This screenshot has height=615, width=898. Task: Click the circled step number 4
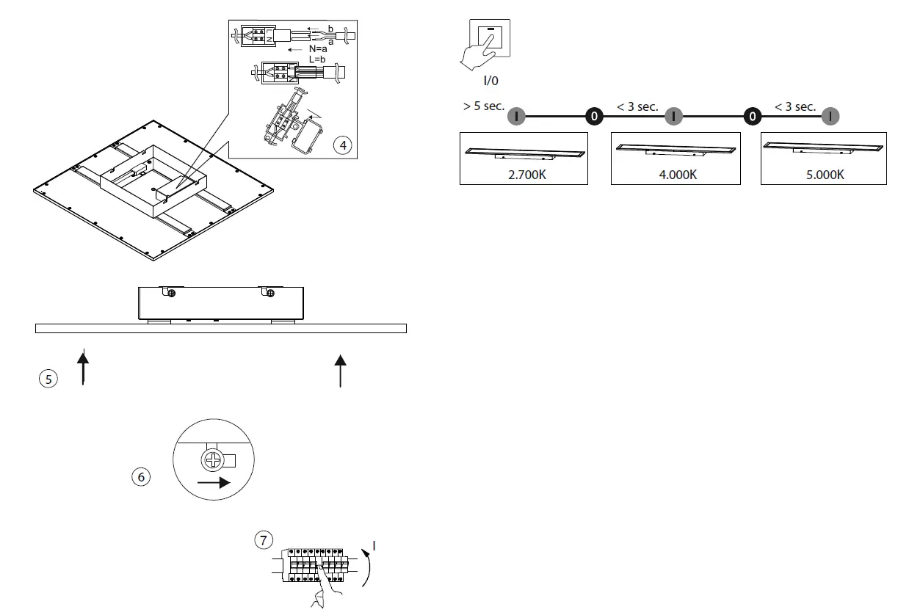(342, 145)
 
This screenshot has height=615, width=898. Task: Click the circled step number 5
(48, 379)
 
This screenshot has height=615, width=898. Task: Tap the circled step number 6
(140, 477)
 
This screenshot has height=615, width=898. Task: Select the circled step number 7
(264, 540)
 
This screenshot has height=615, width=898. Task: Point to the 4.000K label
(677, 175)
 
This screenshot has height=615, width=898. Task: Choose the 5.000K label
(825, 175)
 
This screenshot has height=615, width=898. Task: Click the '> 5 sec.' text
(484, 106)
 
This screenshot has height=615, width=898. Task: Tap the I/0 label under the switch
(490, 81)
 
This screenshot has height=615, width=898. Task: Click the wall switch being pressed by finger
(489, 37)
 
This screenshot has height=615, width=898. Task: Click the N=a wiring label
(318, 49)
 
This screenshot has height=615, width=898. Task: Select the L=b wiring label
(317, 59)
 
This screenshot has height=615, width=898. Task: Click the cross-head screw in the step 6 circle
(212, 461)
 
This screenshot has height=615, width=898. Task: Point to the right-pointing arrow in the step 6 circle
(214, 483)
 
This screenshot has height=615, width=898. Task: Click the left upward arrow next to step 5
(83, 368)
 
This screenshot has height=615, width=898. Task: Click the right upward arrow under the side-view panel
(340, 369)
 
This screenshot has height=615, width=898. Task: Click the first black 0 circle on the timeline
(594, 116)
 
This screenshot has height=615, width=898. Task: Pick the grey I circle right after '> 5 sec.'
(516, 116)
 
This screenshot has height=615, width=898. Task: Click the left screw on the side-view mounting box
(171, 294)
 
